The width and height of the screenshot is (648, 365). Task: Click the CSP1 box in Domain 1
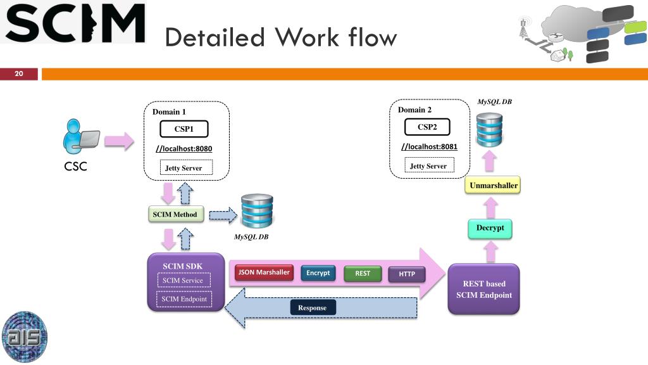184,130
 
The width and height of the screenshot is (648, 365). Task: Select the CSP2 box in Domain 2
427,127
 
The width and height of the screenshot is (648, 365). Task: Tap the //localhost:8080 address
184,149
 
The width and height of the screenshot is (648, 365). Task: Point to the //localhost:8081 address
430,147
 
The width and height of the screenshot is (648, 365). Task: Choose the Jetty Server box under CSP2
428,166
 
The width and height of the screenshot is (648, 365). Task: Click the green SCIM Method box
175,214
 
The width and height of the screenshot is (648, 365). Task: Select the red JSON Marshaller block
264,273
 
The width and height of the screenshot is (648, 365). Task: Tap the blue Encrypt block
318,273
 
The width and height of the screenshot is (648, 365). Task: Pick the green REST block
363,274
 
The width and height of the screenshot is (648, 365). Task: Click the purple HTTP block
407,274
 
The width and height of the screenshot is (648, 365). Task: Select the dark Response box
313,308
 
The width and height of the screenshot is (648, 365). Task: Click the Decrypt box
490,228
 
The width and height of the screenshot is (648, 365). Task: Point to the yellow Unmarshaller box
494,186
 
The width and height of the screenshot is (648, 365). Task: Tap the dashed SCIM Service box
183,280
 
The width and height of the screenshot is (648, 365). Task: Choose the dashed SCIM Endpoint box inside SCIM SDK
184,299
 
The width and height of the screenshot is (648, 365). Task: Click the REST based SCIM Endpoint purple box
483,289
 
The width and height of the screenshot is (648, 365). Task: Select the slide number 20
19,74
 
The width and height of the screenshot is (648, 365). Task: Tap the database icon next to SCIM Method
257,211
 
